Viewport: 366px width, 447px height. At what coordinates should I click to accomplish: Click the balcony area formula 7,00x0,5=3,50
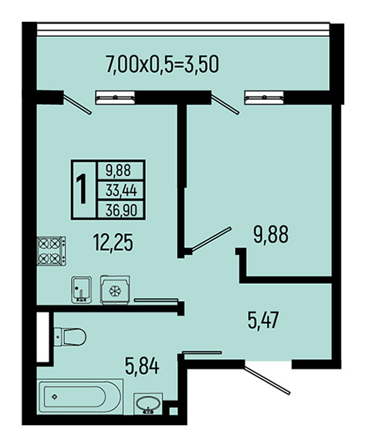[x=162, y=64]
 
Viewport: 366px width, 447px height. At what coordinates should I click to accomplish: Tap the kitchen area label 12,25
[x=113, y=242]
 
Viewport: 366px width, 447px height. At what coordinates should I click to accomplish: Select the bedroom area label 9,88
[x=271, y=234]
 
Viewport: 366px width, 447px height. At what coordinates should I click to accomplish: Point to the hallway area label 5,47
[x=263, y=320]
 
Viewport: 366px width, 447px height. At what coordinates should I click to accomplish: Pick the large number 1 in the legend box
[x=82, y=189]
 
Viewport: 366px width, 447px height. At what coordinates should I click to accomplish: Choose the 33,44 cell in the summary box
[x=121, y=190]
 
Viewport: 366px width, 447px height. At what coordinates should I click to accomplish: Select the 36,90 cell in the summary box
[x=121, y=210]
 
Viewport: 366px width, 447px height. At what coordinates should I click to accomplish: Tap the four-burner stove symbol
[x=52, y=251]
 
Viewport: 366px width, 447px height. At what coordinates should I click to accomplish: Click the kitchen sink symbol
[x=82, y=290]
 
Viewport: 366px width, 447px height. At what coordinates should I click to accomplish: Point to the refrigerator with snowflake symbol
[x=115, y=290]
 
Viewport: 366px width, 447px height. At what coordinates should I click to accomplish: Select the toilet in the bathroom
[x=70, y=337]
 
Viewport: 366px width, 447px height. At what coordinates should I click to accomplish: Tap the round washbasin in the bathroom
[x=148, y=404]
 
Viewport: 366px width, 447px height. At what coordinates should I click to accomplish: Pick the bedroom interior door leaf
[x=211, y=240]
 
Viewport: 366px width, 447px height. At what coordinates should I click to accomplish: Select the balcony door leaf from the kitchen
[x=77, y=105]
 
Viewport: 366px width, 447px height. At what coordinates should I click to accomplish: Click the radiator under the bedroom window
[x=264, y=98]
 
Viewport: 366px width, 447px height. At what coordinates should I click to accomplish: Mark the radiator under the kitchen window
[x=115, y=98]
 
